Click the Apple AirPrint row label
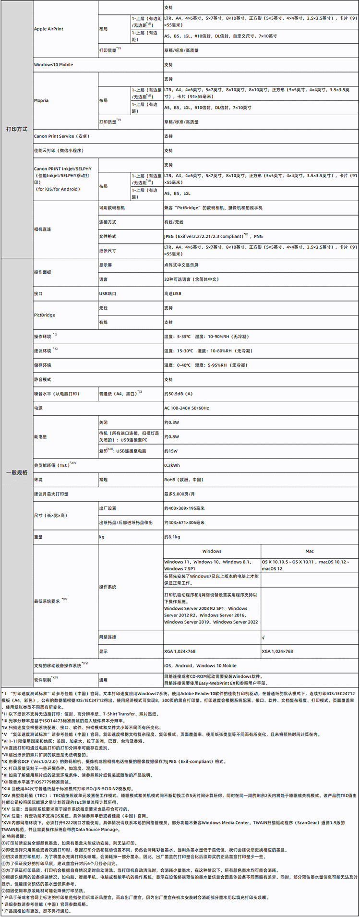(x=48, y=29)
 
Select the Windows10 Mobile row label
(x=53, y=64)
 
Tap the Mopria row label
(x=41, y=100)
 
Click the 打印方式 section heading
(x=17, y=129)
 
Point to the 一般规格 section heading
(x=17, y=472)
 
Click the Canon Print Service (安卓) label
(x=60, y=136)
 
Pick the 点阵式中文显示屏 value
(x=181, y=265)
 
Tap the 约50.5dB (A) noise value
(x=178, y=394)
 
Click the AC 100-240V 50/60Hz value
(x=187, y=408)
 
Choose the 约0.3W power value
(x=171, y=422)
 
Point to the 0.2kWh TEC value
(x=172, y=465)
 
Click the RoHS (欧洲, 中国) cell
(x=183, y=480)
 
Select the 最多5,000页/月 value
(x=180, y=494)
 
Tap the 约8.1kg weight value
(x=172, y=537)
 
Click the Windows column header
(x=212, y=551)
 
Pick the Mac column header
(x=310, y=551)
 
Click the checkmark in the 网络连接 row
(x=264, y=637)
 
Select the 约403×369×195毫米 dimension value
(x=184, y=508)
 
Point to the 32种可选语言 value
(x=191, y=279)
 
